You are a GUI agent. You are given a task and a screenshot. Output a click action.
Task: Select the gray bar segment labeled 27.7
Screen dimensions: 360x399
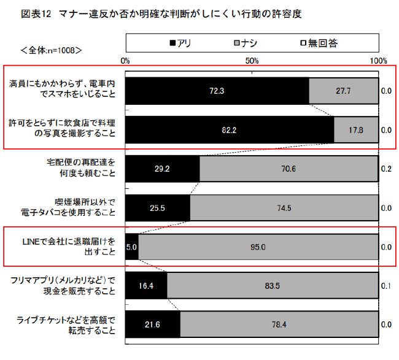pyautogui.click(x=343, y=91)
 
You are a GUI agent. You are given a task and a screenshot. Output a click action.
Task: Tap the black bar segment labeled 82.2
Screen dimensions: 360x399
pyautogui.click(x=229, y=130)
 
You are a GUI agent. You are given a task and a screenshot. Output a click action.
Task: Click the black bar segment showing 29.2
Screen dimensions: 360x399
pyautogui.click(x=163, y=169)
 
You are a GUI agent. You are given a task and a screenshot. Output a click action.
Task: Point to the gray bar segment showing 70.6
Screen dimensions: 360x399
pyautogui.click(x=289, y=169)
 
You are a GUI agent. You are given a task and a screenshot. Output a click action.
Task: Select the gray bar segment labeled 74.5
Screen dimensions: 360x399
pyautogui.click(x=284, y=208)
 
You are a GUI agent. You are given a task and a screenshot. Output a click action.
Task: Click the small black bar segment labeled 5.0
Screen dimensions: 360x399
pyautogui.click(x=131, y=248)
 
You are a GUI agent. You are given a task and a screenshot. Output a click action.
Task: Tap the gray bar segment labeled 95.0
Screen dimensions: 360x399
pyautogui.click(x=258, y=248)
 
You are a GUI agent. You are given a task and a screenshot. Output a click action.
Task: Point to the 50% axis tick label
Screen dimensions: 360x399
pyautogui.click(x=252, y=61)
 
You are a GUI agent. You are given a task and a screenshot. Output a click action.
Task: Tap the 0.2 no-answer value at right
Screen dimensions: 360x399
pyautogui.click(x=387, y=169)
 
